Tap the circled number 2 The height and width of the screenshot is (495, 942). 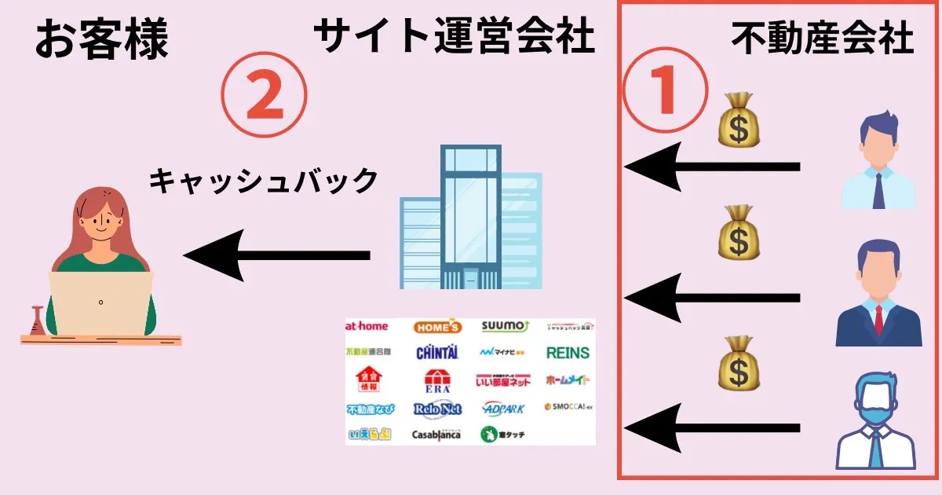pos(264,97)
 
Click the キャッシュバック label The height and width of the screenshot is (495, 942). pos(264,181)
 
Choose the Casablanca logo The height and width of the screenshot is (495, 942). pos(436,434)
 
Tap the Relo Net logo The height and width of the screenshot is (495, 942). pos(437,409)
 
